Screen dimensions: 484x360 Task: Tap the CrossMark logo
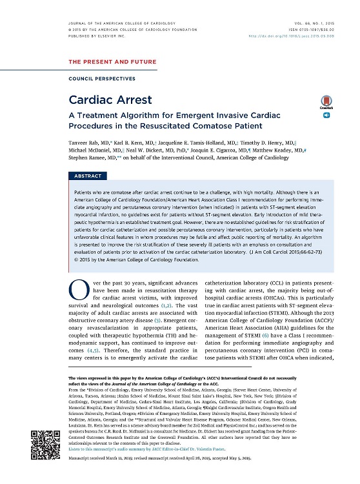point(325,103)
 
